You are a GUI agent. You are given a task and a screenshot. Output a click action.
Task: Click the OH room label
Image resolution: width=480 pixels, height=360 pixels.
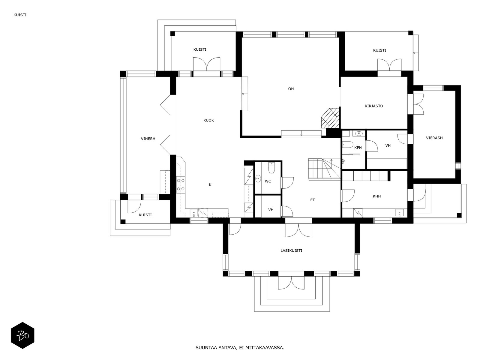pyautogui.click(x=291, y=89)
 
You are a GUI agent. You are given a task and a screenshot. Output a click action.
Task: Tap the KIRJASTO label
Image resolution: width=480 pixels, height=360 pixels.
pyautogui.click(x=374, y=106)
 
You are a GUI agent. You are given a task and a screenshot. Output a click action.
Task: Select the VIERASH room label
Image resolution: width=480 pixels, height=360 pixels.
pyautogui.click(x=434, y=138)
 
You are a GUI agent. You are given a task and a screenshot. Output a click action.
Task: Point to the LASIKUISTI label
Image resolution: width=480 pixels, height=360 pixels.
pyautogui.click(x=291, y=250)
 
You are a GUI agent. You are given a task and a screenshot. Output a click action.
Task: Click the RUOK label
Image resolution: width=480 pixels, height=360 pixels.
pyautogui.click(x=208, y=120)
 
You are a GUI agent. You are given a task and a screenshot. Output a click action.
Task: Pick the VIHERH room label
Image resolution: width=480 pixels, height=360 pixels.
pyautogui.click(x=148, y=139)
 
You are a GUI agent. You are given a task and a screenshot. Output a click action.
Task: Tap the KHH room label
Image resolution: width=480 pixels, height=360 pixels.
pyautogui.click(x=376, y=196)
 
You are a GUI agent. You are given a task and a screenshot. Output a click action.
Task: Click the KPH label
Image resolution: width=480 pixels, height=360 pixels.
pyautogui.click(x=358, y=148)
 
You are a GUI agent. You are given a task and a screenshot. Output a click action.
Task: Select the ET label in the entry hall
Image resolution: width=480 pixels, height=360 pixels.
pyautogui.click(x=313, y=200)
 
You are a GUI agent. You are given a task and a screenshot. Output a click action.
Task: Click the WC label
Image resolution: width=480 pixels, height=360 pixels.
pyautogui.click(x=268, y=181)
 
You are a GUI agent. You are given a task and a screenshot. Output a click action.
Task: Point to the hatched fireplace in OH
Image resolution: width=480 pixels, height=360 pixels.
pyautogui.click(x=330, y=118)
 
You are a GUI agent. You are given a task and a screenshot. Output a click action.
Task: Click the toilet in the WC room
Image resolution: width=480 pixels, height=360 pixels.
pyautogui.click(x=271, y=168)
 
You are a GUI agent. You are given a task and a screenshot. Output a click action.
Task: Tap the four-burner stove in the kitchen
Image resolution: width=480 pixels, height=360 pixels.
pyautogui.click(x=181, y=185)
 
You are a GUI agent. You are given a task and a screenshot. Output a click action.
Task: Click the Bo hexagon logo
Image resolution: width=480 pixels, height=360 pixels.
pyautogui.click(x=22, y=335)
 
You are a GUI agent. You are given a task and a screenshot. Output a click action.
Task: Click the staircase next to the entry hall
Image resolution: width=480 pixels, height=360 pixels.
pyautogui.click(x=324, y=169)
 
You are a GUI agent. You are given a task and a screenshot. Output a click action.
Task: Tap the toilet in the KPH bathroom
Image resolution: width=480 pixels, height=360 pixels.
pyautogui.click(x=348, y=144)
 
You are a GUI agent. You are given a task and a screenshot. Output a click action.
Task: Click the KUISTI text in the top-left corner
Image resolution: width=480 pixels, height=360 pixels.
pyautogui.click(x=20, y=15)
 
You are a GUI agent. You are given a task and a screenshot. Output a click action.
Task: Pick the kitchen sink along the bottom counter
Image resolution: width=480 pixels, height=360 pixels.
pyautogui.click(x=194, y=213)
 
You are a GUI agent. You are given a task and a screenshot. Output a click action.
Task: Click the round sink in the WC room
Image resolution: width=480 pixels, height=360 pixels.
pyautogui.click(x=258, y=178)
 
